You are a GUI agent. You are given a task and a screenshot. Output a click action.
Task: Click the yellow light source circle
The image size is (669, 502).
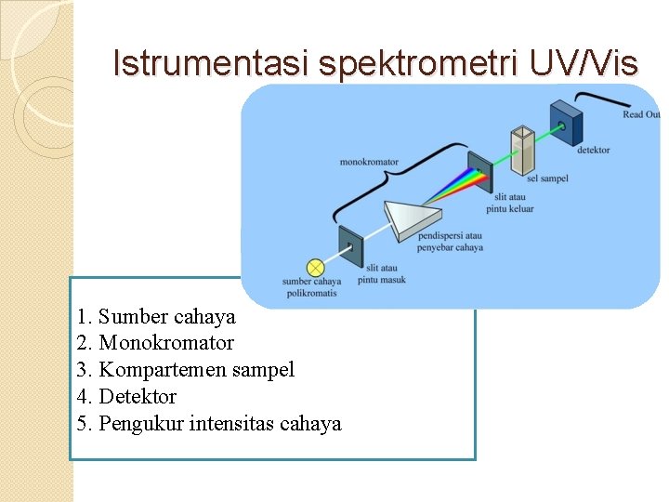(x=316, y=266)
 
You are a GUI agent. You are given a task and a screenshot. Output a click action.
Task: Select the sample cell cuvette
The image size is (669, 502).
(x=522, y=149)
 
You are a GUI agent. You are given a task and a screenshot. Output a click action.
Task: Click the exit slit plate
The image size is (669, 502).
(x=479, y=172)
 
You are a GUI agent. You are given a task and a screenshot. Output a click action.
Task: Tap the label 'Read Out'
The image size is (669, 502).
(x=640, y=115)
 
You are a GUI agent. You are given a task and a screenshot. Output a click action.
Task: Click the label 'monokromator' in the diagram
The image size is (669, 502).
(x=369, y=163)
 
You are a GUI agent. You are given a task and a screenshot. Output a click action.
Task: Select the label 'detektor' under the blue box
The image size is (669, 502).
(x=593, y=151)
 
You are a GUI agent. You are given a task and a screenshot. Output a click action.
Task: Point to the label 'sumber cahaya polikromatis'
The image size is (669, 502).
(x=311, y=287)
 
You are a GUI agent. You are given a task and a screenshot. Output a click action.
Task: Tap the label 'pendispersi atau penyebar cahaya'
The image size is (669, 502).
(x=450, y=242)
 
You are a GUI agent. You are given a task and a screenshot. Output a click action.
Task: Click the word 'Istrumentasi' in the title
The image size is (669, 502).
(x=211, y=63)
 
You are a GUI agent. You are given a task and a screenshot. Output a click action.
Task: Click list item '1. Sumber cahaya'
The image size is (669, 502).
(x=157, y=316)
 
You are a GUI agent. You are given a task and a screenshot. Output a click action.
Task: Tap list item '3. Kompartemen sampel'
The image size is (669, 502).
(x=186, y=370)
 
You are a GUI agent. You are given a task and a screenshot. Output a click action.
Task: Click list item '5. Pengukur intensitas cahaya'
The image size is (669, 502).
(x=210, y=424)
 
